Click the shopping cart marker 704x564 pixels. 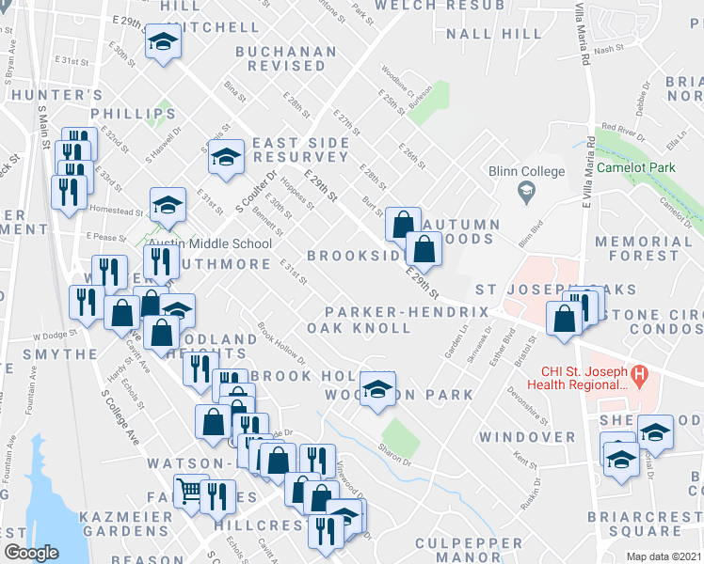coord(190,491)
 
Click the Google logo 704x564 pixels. coord(32,553)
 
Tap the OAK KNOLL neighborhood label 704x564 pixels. coord(359,328)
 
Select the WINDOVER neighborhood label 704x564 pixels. coord(526,437)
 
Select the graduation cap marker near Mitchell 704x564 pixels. coord(163,43)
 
